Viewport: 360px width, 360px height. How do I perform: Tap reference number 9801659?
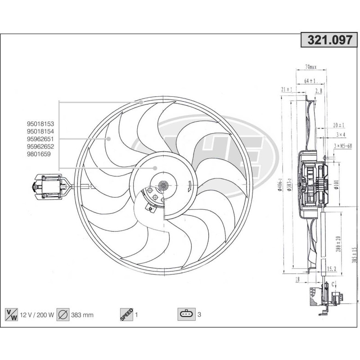click(39, 154)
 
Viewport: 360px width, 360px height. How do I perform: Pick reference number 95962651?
click(40, 139)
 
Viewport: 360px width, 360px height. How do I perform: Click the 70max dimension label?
click(310, 67)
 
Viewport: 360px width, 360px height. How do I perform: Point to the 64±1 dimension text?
click(310, 81)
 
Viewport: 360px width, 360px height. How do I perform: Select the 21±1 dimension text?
click(286, 90)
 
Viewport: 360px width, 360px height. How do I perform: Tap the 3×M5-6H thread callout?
click(346, 145)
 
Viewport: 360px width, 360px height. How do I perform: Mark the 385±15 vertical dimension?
click(355, 255)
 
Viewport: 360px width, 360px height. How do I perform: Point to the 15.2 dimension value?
click(332, 269)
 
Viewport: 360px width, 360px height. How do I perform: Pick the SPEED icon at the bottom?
click(126, 315)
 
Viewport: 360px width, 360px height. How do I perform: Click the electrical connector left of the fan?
click(49, 186)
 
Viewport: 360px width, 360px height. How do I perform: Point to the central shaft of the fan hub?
click(163, 184)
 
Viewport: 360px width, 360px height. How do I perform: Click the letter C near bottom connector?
click(333, 284)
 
